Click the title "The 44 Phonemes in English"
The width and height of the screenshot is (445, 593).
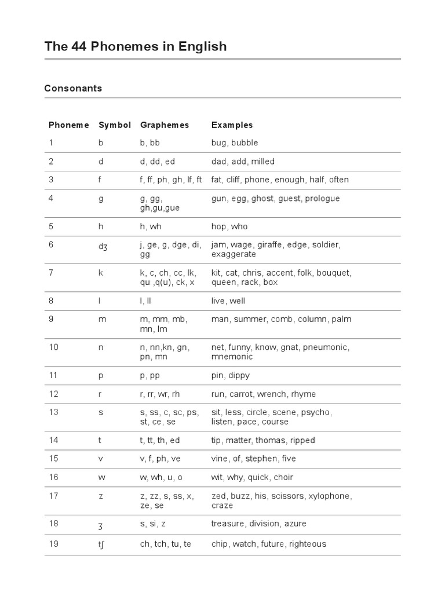(136, 46)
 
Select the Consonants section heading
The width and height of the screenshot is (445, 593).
(73, 89)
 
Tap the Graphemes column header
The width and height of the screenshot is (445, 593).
(165, 125)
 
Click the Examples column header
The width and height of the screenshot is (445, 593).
(232, 125)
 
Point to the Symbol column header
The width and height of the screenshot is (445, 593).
(115, 125)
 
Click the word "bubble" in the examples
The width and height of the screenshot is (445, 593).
(245, 143)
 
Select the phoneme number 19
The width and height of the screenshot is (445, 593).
(53, 544)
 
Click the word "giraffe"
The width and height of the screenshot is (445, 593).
(280, 245)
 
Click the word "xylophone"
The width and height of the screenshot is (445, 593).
(330, 496)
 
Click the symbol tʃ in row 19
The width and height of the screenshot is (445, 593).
(103, 544)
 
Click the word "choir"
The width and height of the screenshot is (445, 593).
(283, 478)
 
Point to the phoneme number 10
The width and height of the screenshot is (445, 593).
(53, 347)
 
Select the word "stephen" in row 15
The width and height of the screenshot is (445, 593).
(261, 459)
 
